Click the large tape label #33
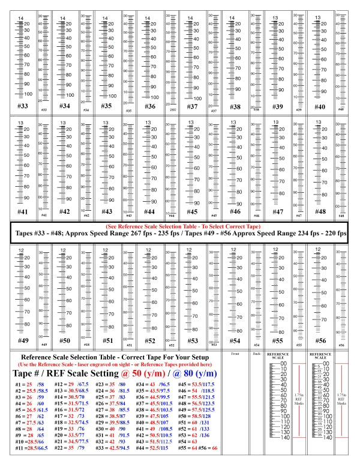click(22, 106)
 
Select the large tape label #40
click(319, 106)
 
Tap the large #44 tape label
click(149, 212)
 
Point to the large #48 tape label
click(319, 212)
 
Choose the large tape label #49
click(22, 340)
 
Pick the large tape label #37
click(192, 106)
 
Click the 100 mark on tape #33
click(28, 95)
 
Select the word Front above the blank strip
click(235, 354)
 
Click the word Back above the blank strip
click(256, 354)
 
